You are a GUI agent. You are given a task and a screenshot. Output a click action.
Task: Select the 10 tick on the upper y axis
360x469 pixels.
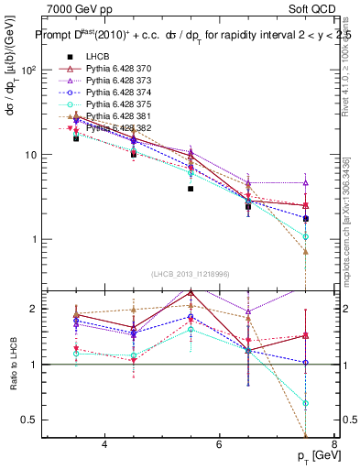pos(33,155)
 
